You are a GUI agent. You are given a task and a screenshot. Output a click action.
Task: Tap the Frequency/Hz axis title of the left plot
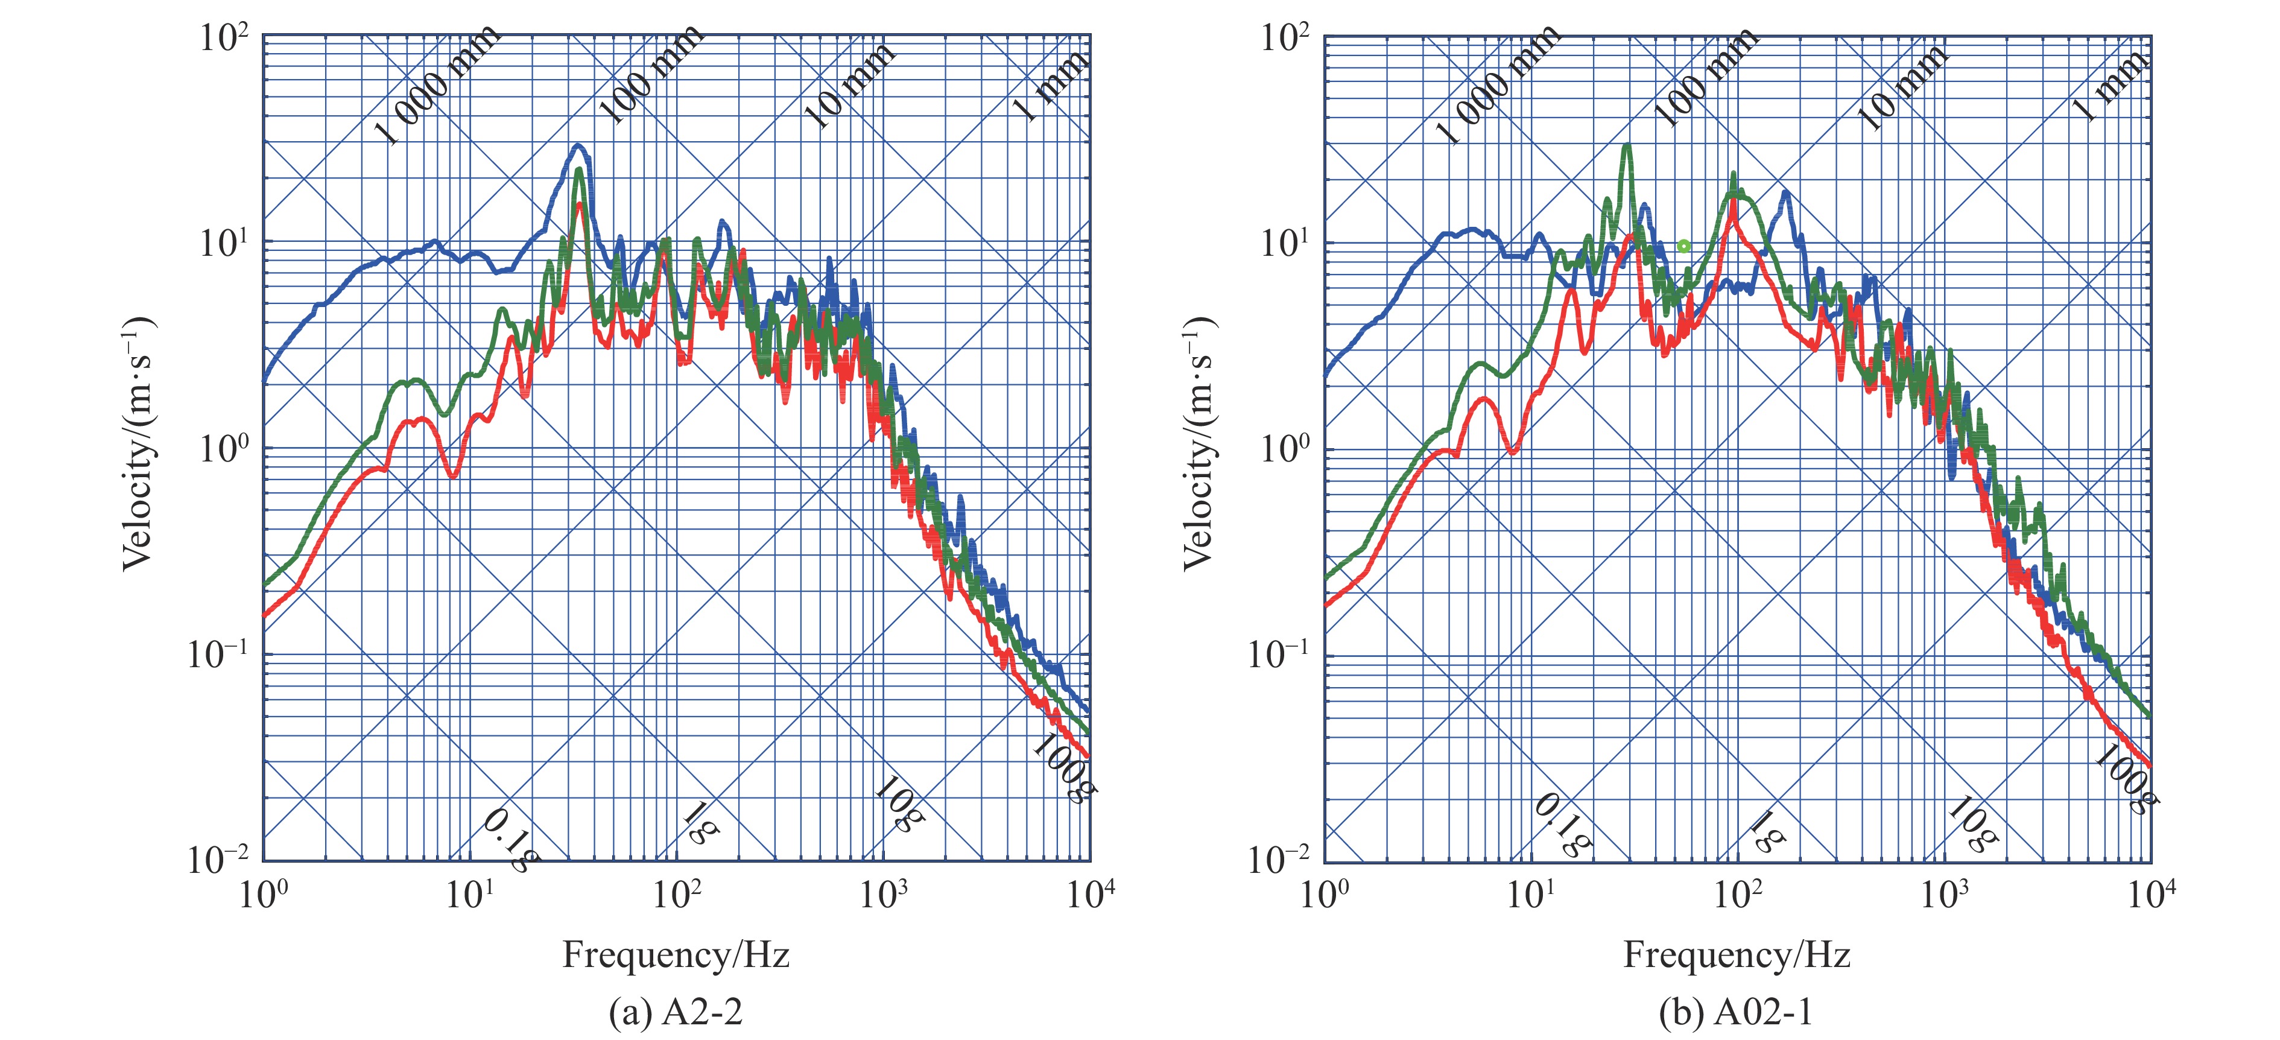click(x=676, y=955)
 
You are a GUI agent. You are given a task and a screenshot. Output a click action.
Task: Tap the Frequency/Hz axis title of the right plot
click(x=1736, y=955)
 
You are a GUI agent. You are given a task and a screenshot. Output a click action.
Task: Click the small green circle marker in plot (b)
click(x=1683, y=246)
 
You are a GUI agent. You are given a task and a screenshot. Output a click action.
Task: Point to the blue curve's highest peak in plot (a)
click(x=578, y=146)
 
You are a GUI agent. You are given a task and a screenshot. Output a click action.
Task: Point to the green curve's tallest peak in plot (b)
click(x=1626, y=146)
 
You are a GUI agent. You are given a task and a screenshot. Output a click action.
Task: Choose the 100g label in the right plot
click(x=2125, y=779)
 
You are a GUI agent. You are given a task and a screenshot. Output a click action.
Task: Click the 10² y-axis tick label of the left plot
click(x=224, y=38)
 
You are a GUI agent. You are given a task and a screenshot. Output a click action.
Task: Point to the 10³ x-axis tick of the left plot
click(x=882, y=895)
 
